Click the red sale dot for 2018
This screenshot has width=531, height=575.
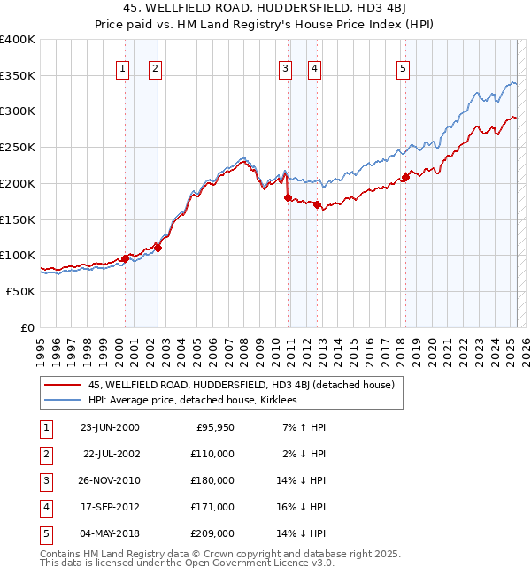click(x=405, y=177)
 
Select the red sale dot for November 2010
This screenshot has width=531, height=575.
click(x=288, y=198)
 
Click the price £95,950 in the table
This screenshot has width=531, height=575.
click(x=212, y=427)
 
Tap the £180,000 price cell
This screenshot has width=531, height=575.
click(x=212, y=480)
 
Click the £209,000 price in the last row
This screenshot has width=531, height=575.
click(x=212, y=533)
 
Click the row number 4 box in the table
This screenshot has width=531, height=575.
click(x=44, y=507)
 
